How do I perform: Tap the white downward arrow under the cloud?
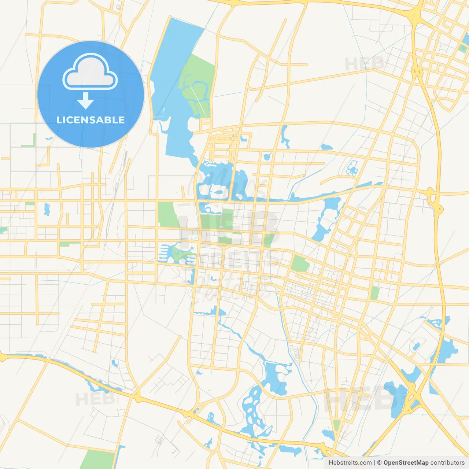point(85,101)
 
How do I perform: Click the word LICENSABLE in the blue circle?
point(91,120)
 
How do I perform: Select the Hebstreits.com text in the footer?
point(350,463)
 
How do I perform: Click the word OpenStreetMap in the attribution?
point(406,463)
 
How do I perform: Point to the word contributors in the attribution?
point(447,463)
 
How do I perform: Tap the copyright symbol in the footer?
point(379,463)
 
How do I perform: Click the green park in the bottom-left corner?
point(97,459)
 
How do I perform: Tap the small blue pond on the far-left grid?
point(47,209)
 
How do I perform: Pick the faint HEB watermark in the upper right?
point(365,64)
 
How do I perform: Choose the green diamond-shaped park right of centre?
point(300,264)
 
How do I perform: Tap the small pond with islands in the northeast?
point(352,168)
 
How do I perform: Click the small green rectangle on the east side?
point(375,293)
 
